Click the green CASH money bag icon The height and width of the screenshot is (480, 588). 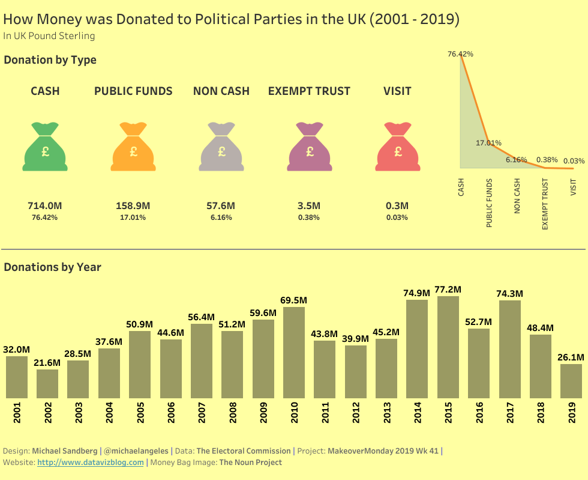tap(45, 147)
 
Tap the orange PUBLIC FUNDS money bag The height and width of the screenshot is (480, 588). tap(133, 147)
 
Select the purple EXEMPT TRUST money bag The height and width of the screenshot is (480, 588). tap(310, 147)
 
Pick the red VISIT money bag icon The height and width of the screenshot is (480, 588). tap(397, 147)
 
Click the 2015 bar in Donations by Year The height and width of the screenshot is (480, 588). tap(448, 347)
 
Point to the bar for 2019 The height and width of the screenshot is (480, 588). tap(571, 381)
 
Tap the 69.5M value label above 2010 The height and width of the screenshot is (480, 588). tap(294, 300)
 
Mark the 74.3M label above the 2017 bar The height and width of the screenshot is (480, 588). tap(510, 293)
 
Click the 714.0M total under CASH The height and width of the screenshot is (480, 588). tap(45, 205)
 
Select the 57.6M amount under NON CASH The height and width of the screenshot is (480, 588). tap(221, 205)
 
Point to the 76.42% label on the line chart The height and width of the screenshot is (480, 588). tap(460, 54)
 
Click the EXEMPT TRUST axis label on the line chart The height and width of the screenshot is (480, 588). tap(545, 204)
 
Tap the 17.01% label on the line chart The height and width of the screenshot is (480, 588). tap(488, 143)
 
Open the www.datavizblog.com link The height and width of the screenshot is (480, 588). tap(91, 463)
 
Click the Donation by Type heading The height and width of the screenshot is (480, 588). tap(50, 60)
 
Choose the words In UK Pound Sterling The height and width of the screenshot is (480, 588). tap(49, 36)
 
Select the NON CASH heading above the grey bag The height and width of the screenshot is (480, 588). tap(221, 91)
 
